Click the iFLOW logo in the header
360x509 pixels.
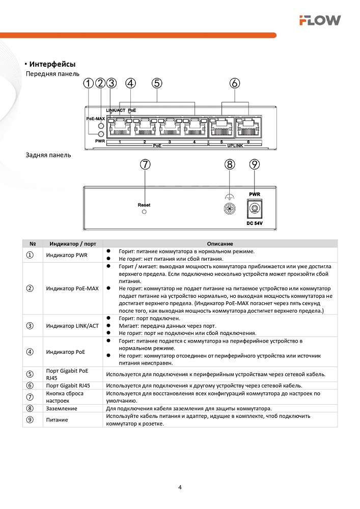coord(320,20)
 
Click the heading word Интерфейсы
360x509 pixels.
coord(52,64)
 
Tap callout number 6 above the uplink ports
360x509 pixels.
coord(235,83)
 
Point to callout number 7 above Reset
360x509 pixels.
coord(146,164)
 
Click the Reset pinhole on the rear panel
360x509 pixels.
coord(144,211)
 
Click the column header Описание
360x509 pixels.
coord(220,244)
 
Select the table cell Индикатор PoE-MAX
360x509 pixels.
coord(72,289)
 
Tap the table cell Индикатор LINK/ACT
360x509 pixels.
coord(72,326)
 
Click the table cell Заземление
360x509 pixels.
coord(62,408)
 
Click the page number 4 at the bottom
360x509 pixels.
coord(180,487)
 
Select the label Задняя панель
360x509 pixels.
coord(48,155)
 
